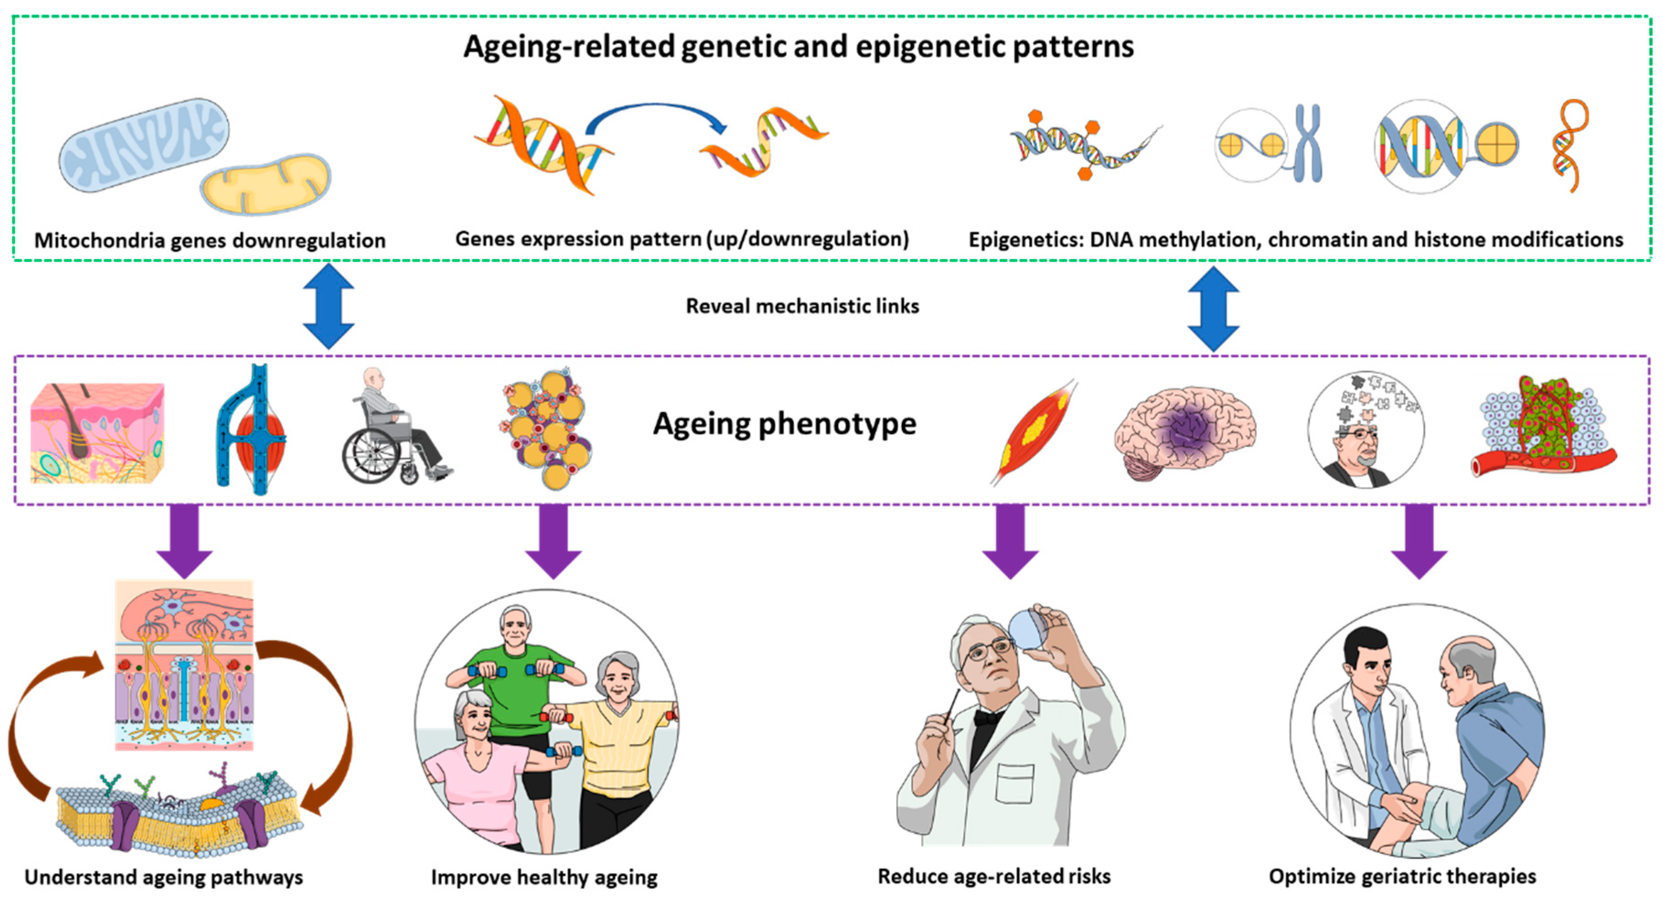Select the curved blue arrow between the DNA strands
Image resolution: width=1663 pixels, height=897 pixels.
point(655,116)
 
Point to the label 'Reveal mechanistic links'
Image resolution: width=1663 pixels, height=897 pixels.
point(802,306)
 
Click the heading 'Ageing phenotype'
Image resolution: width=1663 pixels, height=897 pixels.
point(784,424)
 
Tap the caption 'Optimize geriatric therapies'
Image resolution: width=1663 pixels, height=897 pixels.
point(1402,876)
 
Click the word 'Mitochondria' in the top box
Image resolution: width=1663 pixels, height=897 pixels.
point(97,241)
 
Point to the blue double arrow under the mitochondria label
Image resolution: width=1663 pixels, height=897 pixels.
point(329,306)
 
